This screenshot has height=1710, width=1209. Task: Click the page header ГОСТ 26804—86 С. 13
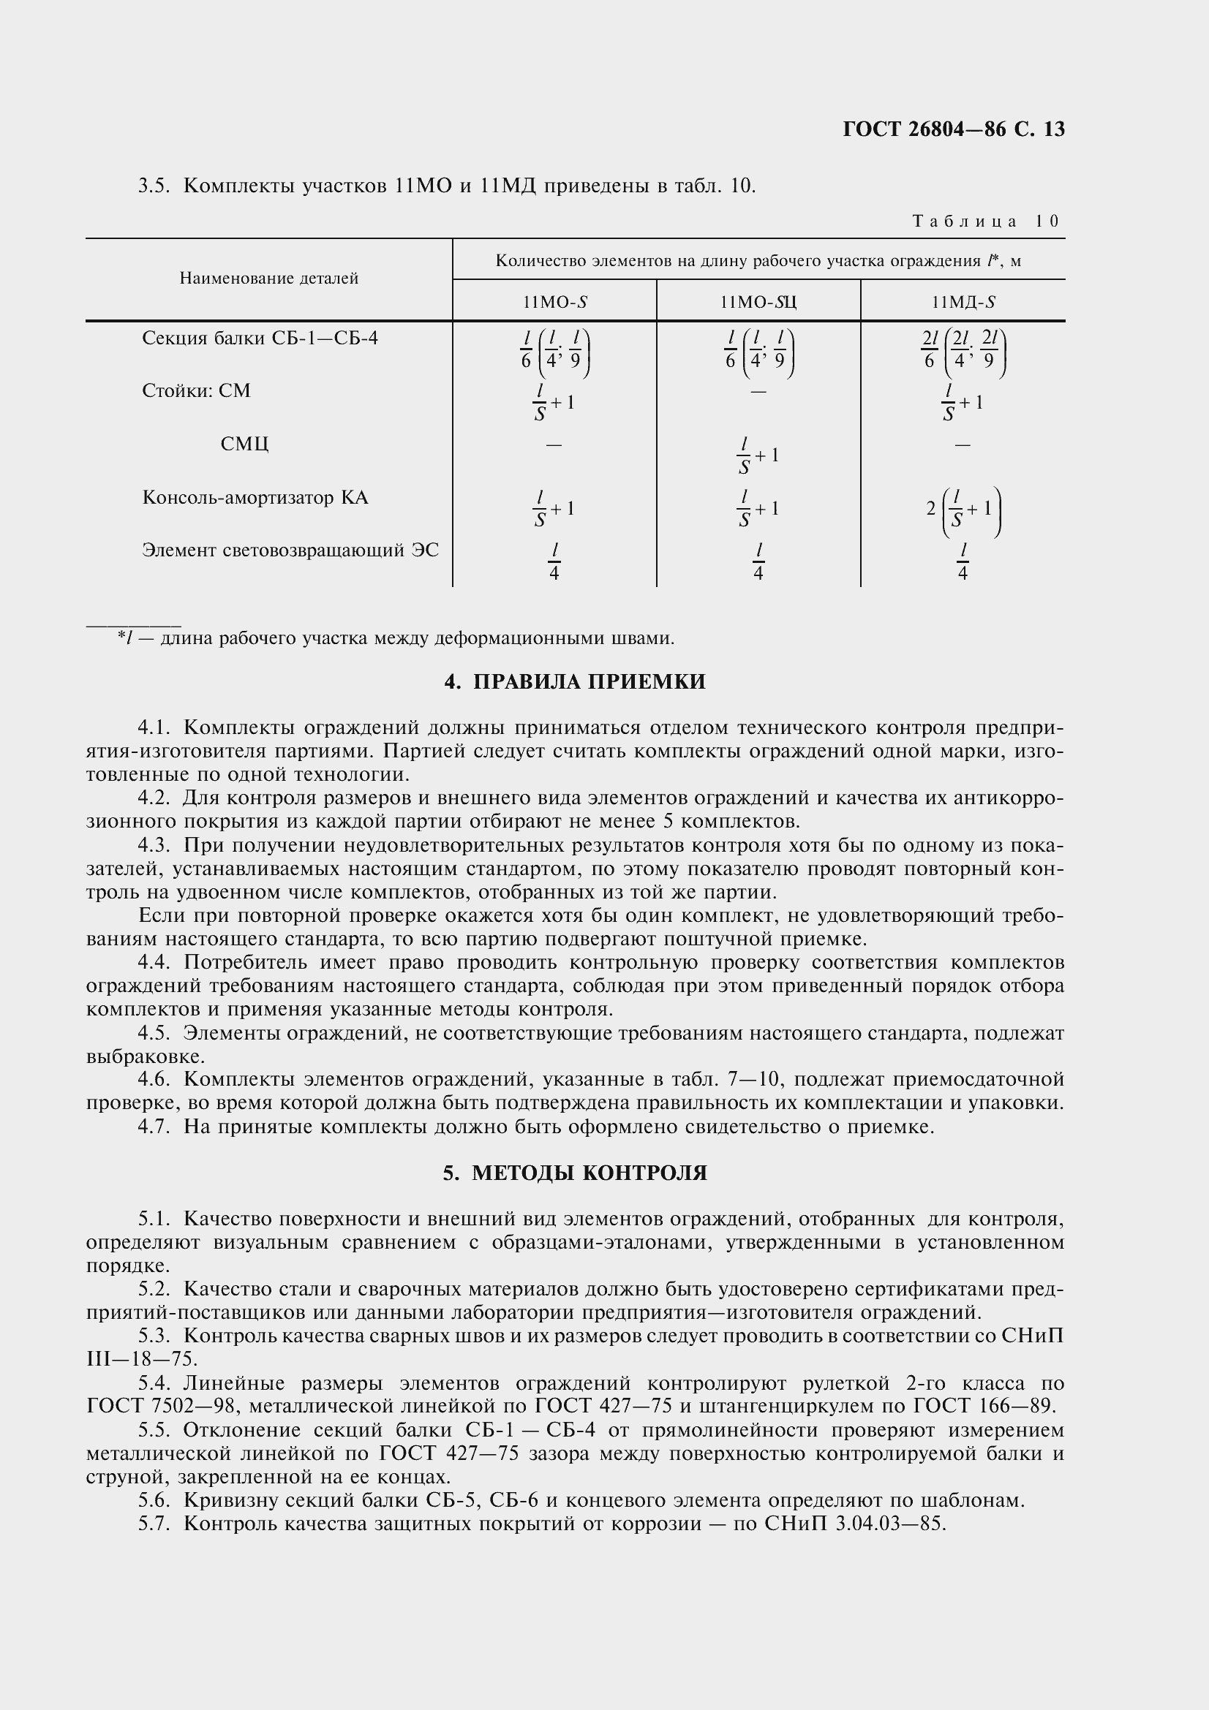953,129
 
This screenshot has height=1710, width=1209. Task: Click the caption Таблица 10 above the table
984,222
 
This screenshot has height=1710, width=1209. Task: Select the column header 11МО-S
554,303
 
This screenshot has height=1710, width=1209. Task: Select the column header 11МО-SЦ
758,303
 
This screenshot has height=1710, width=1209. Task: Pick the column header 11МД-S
963,303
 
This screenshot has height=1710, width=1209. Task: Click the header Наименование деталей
269,279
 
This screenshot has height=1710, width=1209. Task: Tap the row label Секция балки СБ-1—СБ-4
260,338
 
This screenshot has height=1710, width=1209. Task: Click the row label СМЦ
244,444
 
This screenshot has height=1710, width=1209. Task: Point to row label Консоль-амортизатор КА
255,498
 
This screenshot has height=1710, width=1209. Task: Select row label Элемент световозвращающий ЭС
290,551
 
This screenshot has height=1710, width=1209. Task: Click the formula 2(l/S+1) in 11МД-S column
963,511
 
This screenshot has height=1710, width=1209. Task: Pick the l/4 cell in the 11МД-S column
963,561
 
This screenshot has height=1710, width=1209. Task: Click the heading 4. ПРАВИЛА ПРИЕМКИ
574,681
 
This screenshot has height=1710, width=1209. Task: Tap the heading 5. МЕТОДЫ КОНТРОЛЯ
574,1173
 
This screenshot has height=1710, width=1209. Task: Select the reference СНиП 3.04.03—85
854,1524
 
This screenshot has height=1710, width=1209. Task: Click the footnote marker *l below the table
124,638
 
